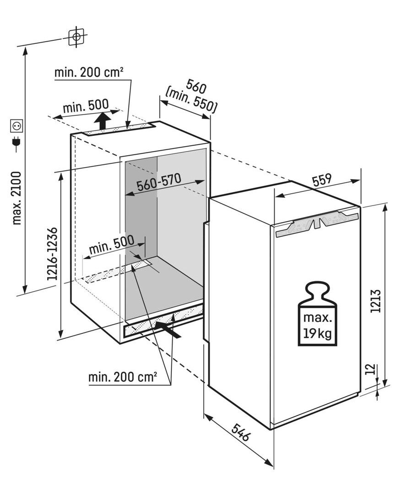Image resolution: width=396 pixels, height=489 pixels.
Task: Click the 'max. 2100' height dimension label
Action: [16, 198]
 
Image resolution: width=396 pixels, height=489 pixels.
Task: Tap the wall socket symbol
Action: [16, 125]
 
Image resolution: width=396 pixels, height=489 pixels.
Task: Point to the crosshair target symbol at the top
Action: [76, 37]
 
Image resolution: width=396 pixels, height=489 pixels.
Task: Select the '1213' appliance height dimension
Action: [376, 301]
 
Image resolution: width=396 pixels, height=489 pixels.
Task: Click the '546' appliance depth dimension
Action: [240, 432]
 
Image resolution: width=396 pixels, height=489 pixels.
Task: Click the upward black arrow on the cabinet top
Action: [103, 121]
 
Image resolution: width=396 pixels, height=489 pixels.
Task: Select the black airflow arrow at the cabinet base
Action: [168, 329]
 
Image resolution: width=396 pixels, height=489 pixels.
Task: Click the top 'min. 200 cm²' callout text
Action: [88, 72]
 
